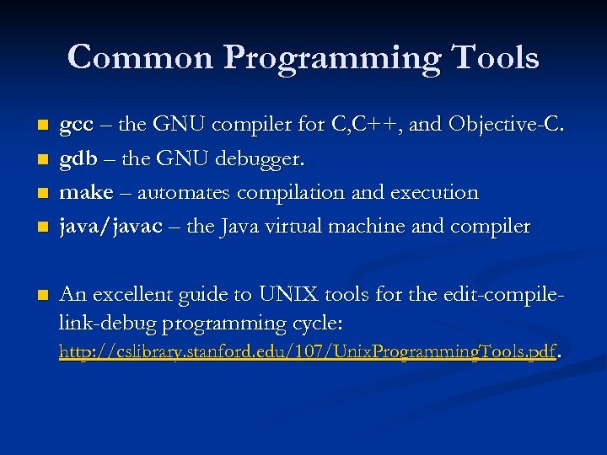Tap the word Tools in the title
coord(495,57)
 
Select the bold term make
coord(85,193)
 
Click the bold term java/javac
coord(110,227)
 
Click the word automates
coord(185,193)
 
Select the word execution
coord(433,193)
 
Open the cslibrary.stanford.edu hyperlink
coord(308,351)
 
